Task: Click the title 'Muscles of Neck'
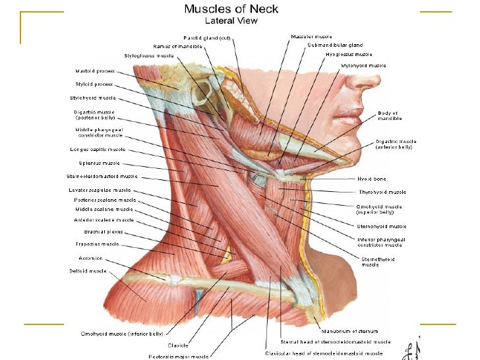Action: pyautogui.click(x=231, y=9)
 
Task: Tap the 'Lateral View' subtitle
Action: pyautogui.click(x=231, y=20)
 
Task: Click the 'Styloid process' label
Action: pyautogui.click(x=94, y=84)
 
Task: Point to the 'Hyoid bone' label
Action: pyautogui.click(x=372, y=179)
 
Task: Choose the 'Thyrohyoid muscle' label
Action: pyautogui.click(x=382, y=192)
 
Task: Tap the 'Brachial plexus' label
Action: pyautogui.click(x=103, y=231)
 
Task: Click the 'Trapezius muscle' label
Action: pyautogui.click(x=97, y=244)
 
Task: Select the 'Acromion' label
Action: pyautogui.click(x=90, y=258)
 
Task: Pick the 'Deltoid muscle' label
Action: pyautogui.click(x=88, y=270)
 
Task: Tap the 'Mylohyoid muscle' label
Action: pyautogui.click(x=364, y=65)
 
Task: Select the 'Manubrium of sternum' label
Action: pyautogui.click(x=349, y=331)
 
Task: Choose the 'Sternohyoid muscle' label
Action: pyautogui.click(x=382, y=226)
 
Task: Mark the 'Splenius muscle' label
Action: pyautogui.click(x=100, y=163)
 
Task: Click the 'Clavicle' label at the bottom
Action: pyautogui.click(x=178, y=345)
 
